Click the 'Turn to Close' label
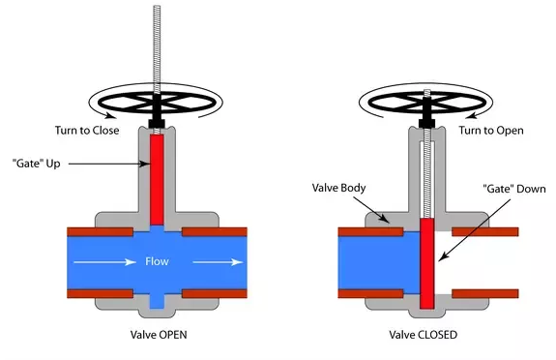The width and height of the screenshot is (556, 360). (87, 131)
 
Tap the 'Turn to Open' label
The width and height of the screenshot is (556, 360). (491, 131)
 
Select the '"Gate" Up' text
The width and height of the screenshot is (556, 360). (36, 164)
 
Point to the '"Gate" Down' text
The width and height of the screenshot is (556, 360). (514, 189)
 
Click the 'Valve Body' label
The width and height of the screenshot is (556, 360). (338, 188)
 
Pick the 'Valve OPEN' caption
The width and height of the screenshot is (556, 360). (159, 335)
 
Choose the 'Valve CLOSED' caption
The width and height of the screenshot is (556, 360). (423, 335)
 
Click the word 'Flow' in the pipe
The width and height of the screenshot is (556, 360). (157, 261)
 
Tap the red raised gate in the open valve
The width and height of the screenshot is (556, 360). (157, 179)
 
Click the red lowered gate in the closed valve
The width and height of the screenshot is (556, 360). (427, 263)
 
